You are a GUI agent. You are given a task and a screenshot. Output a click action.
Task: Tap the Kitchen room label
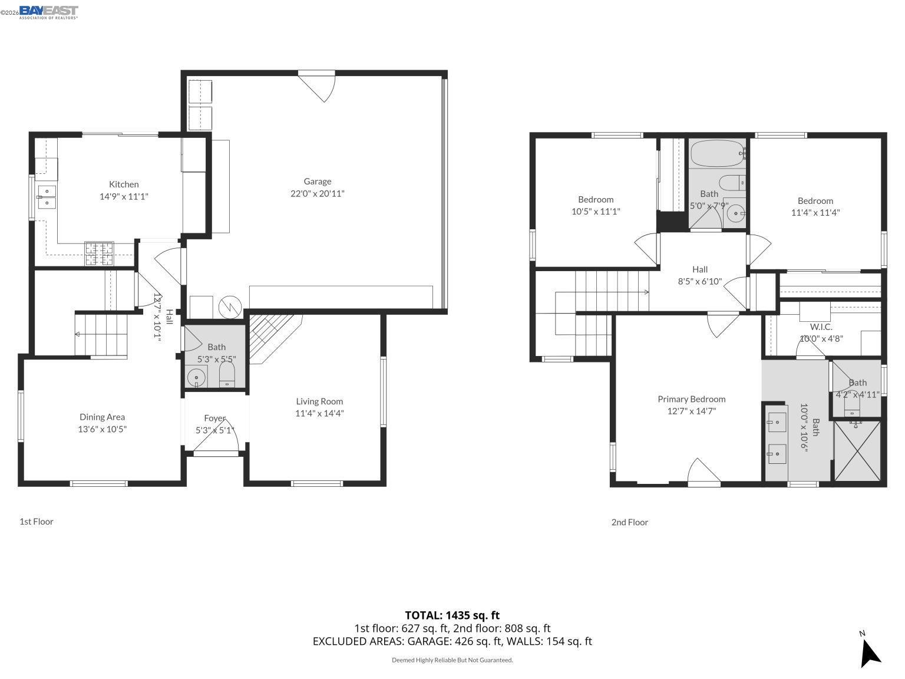[124, 184]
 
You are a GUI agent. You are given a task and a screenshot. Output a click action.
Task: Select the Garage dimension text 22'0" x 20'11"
[318, 194]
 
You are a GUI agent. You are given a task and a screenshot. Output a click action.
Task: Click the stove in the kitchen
[99, 254]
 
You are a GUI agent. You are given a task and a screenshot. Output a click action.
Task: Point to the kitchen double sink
[47, 196]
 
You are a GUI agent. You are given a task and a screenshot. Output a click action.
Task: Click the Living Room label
[319, 401]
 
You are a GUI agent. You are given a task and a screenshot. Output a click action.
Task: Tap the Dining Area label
[103, 417]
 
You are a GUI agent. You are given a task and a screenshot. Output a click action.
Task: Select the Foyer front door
[216, 453]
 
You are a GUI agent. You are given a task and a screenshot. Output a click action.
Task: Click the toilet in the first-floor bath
[227, 375]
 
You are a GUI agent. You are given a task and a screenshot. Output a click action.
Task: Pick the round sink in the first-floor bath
[196, 376]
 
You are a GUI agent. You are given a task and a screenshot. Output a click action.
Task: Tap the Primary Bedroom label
[692, 399]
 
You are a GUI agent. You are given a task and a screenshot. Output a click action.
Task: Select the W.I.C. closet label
[821, 327]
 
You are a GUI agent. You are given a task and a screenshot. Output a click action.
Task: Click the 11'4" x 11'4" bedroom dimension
[815, 213]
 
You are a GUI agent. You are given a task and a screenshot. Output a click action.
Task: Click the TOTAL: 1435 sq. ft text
[452, 615]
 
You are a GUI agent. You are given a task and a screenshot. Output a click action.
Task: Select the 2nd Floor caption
[629, 522]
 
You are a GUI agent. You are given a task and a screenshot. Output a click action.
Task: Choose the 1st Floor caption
[37, 522]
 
